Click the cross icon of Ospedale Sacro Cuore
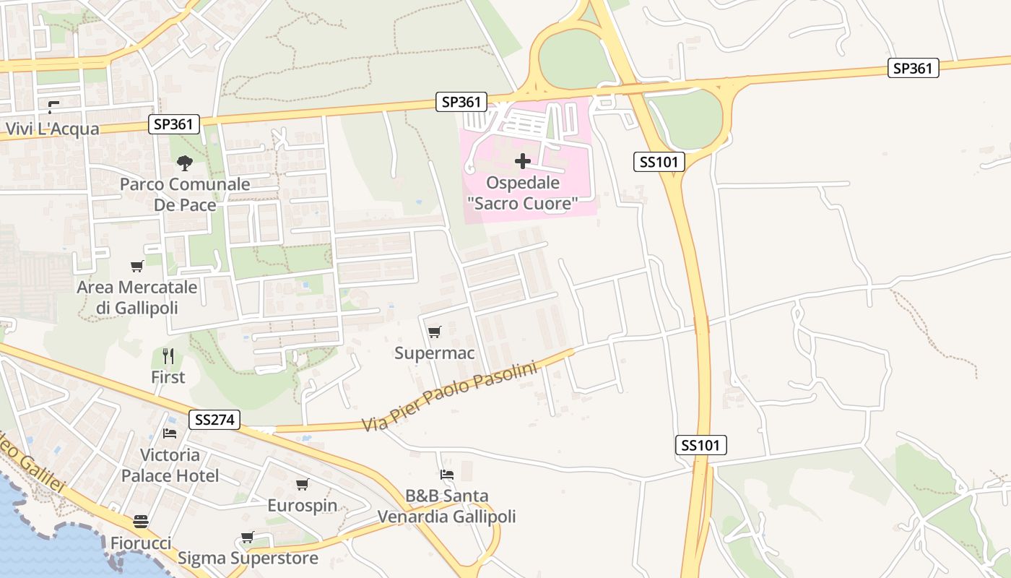tap(523, 160)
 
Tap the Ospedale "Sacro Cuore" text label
tap(523, 194)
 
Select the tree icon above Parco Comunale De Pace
tap(185, 163)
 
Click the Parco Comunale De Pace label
tap(185, 194)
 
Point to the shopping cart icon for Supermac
tap(434, 332)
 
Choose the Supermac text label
tap(434, 353)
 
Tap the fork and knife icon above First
tap(168, 355)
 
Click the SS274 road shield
tap(214, 420)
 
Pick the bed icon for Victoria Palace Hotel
tap(170, 433)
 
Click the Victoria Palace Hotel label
tap(170, 465)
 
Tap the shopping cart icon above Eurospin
tap(302, 484)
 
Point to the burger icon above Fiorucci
tap(141, 522)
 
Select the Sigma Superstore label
tap(248, 558)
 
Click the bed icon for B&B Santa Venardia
tap(447, 475)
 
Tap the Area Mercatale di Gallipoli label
tap(137, 298)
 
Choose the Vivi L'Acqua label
tap(53, 129)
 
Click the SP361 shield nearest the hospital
tap(461, 102)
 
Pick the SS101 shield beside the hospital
tap(659, 162)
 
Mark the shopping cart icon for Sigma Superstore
tap(247, 537)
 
